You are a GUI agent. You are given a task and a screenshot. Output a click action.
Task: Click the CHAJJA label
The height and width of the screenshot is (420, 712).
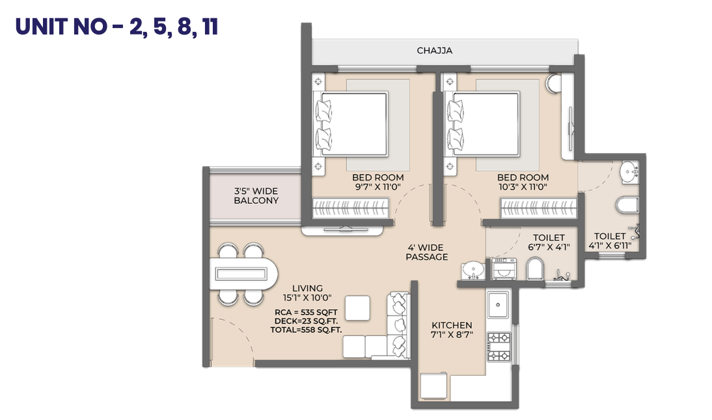coord(435,50)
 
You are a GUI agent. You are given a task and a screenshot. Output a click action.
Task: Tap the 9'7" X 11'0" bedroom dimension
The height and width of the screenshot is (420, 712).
coord(377,187)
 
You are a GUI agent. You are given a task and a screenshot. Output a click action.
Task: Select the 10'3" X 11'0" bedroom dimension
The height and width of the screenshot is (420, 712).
coord(523,187)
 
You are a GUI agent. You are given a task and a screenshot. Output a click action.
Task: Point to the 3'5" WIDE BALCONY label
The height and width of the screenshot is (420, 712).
coord(256,196)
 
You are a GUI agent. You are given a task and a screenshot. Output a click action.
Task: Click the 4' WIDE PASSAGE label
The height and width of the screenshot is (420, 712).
coord(427,252)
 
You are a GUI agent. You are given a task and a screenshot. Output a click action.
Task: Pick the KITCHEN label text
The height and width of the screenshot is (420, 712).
coord(452,326)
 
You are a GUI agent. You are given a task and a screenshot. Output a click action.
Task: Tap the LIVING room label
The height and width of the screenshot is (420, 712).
coord(307,288)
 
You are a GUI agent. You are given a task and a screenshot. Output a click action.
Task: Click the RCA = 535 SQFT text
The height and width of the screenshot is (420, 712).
coord(306,313)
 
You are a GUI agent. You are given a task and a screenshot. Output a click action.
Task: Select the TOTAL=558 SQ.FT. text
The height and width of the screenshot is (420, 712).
coord(306,330)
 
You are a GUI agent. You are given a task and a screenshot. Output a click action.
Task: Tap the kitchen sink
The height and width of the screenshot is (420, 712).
coord(498,305)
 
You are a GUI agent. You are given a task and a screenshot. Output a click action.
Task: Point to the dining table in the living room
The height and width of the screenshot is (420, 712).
coord(243,274)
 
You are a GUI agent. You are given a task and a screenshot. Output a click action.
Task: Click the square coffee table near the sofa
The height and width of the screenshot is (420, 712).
coord(357,308)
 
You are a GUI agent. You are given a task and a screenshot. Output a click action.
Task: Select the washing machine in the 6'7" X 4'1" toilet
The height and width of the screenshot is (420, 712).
coord(504,269)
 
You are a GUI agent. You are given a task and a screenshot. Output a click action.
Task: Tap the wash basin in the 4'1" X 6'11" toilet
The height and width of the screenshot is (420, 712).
coord(629,172)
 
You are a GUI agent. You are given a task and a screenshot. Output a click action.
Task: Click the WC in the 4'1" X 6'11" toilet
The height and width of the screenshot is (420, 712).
coord(627,205)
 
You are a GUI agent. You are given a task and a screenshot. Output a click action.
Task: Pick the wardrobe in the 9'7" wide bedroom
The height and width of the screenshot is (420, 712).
coord(350,208)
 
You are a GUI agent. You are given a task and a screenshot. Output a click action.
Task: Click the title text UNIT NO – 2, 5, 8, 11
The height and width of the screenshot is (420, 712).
coord(116,26)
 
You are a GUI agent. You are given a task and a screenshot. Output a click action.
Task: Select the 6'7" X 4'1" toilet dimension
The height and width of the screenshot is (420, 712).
coord(549,247)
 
